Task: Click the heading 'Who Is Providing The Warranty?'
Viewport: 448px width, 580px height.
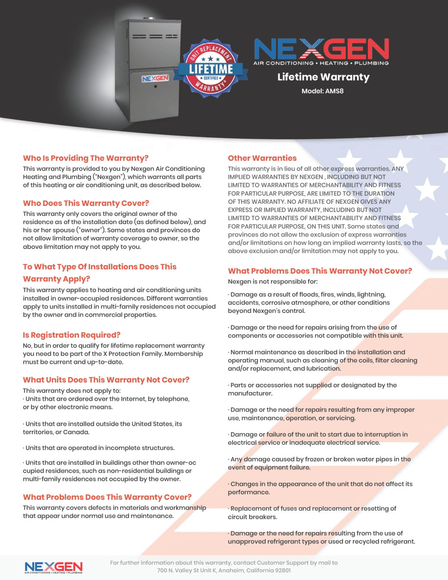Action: click(86, 158)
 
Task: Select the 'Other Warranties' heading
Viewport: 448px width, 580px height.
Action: click(262, 158)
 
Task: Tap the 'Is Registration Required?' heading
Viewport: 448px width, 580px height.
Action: click(72, 335)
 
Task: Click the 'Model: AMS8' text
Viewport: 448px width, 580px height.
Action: click(322, 91)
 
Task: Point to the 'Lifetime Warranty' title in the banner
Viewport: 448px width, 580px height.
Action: click(323, 77)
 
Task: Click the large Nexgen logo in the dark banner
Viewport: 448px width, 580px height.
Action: click(321, 51)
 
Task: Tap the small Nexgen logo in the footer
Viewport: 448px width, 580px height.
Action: click(53, 568)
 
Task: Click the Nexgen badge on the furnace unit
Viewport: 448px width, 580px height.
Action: click(155, 78)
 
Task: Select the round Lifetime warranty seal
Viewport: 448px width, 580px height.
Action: click(211, 68)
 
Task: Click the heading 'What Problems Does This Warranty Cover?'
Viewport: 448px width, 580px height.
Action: click(107, 497)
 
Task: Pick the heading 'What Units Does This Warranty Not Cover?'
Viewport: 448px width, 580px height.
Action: click(106, 380)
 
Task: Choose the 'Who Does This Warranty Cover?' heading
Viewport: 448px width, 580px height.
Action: click(86, 203)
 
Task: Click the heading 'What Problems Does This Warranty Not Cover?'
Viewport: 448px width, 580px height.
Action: click(320, 271)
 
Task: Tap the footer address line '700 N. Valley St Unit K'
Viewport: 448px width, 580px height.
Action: click(224, 570)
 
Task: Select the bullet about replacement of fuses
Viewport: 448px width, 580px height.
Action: click(312, 512)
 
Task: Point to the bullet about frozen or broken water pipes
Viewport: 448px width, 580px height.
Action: click(319, 463)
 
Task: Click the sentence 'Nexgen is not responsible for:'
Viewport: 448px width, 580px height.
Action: click(273, 281)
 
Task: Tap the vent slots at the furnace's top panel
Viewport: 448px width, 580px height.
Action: click(155, 36)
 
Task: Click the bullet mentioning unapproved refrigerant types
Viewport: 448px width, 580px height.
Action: click(321, 537)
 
